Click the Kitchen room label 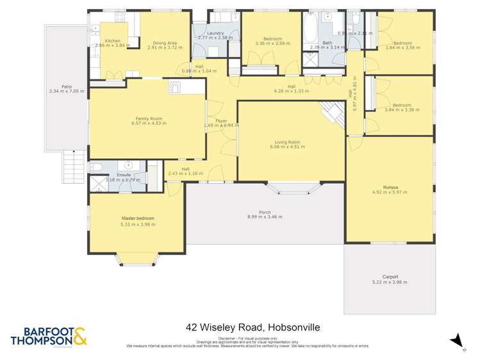click(x=112, y=40)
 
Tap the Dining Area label click(x=165, y=43)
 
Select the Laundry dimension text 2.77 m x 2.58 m click(x=215, y=38)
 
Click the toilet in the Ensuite click(x=96, y=168)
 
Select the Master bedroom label click(x=137, y=218)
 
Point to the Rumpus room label click(x=390, y=187)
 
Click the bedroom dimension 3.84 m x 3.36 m click(x=402, y=110)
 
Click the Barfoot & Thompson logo click(x=48, y=336)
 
